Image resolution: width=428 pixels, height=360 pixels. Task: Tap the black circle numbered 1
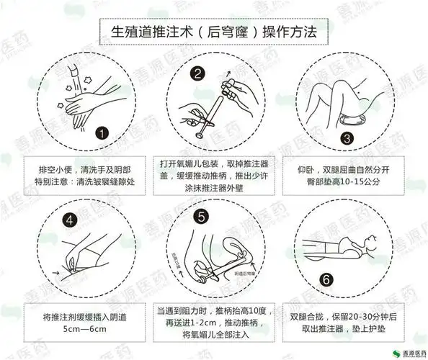pyautogui.click(x=102, y=134)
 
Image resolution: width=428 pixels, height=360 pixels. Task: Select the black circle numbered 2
pyautogui.click(x=197, y=72)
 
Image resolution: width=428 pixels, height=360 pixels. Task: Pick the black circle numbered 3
pyautogui.click(x=348, y=138)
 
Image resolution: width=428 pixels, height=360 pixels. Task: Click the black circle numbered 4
pyautogui.click(x=70, y=220)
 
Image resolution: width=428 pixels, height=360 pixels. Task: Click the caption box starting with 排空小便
pyautogui.click(x=84, y=175)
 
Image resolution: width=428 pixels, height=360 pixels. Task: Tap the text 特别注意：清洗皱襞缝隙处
pyautogui.click(x=84, y=182)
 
